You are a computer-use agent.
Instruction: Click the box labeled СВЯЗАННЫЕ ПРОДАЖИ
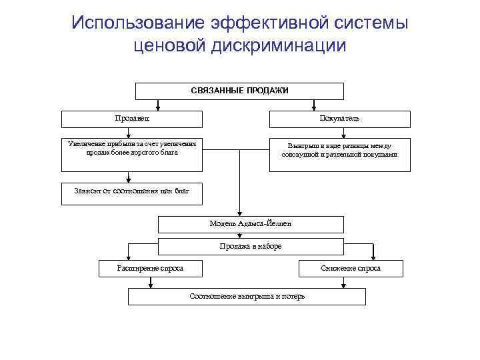click(x=240, y=91)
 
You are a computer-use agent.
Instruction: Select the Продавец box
click(x=123, y=119)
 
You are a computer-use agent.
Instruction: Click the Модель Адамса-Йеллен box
click(x=251, y=224)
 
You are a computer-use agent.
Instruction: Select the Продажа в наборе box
click(x=251, y=246)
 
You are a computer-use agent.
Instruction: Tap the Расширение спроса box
click(x=141, y=268)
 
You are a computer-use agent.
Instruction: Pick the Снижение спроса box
click(x=351, y=268)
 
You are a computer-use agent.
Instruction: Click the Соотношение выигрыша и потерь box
click(x=247, y=296)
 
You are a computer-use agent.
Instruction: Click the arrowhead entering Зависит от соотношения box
click(x=128, y=179)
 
